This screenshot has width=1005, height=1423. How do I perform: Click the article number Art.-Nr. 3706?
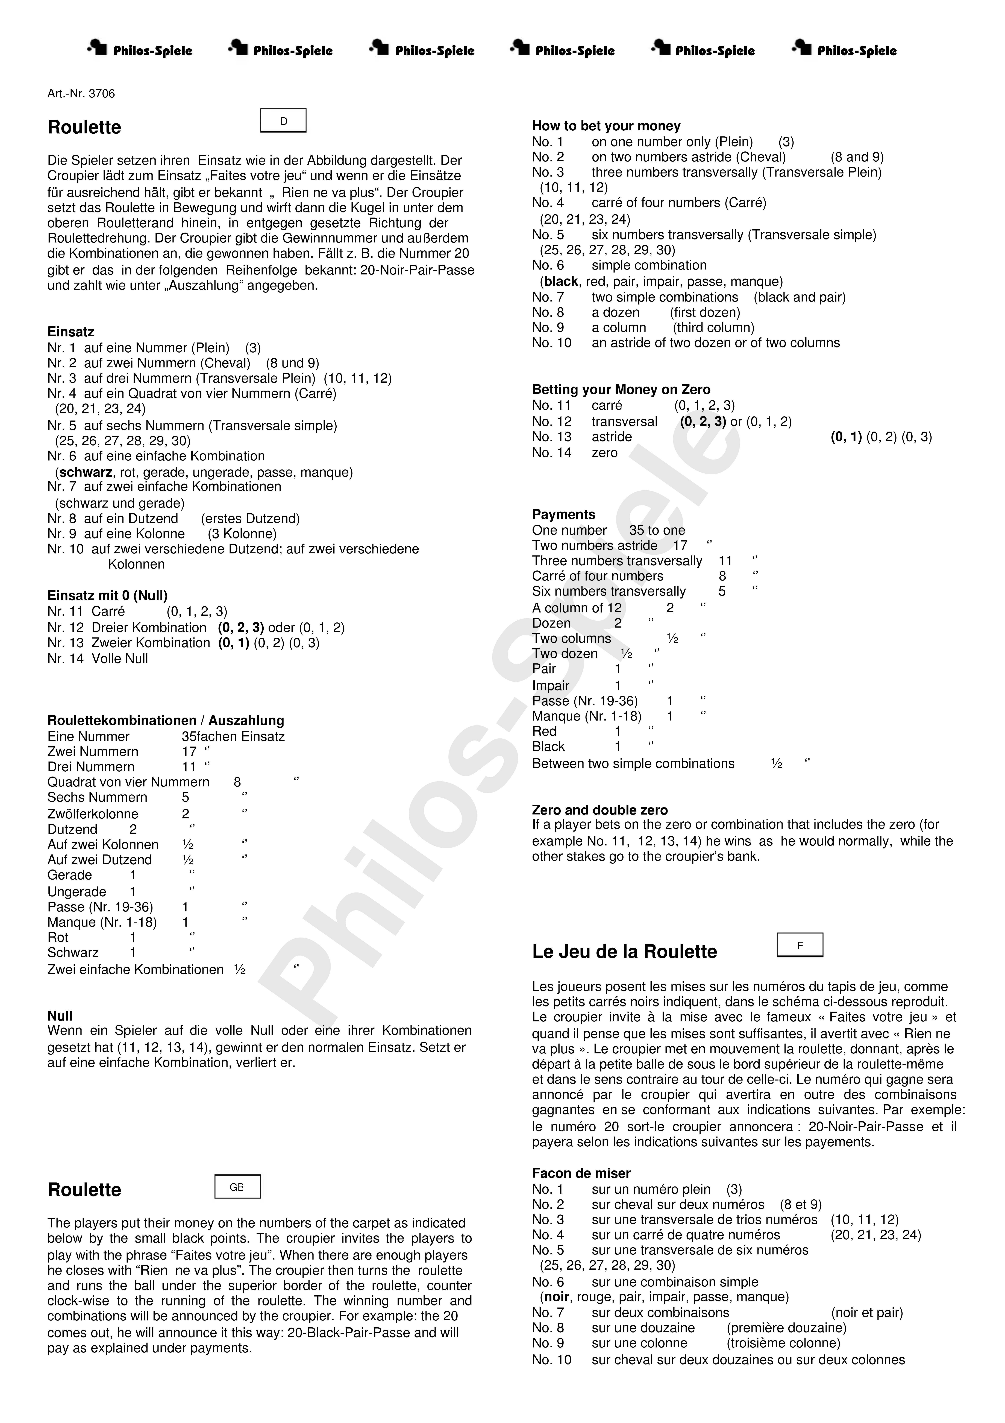click(x=81, y=94)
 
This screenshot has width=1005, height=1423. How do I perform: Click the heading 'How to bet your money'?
click(x=606, y=126)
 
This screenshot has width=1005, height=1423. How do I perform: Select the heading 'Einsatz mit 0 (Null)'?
click(x=107, y=596)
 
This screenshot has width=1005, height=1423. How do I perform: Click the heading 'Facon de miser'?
click(x=581, y=1173)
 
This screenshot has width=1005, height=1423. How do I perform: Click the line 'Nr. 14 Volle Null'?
click(x=98, y=659)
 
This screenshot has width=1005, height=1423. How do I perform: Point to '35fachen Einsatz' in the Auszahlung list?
click(x=233, y=736)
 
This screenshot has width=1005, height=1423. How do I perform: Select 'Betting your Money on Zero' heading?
click(x=621, y=389)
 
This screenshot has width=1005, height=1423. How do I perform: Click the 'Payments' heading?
click(x=563, y=514)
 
